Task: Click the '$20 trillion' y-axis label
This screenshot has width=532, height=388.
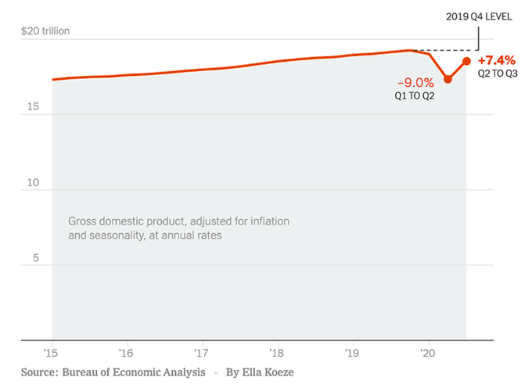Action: tap(45, 31)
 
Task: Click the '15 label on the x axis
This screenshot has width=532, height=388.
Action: tap(51, 352)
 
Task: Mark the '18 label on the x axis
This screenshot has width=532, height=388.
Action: tap(277, 352)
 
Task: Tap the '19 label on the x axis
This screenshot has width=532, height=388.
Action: tap(353, 352)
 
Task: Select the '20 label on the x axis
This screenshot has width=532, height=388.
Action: tap(427, 352)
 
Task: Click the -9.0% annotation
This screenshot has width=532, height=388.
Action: tap(415, 82)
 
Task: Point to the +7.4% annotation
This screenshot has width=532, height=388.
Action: tap(495, 61)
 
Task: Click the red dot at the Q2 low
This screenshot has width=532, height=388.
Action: tap(448, 79)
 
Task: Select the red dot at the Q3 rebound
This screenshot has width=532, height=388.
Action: tap(467, 61)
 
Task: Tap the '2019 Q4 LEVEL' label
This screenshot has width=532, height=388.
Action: tap(479, 16)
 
